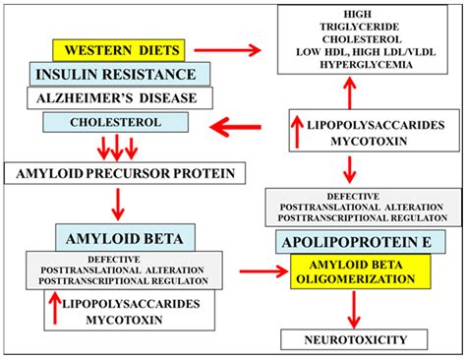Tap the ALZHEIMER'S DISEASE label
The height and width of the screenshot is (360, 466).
tap(118, 98)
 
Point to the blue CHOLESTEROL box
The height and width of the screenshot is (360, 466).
tap(118, 123)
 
